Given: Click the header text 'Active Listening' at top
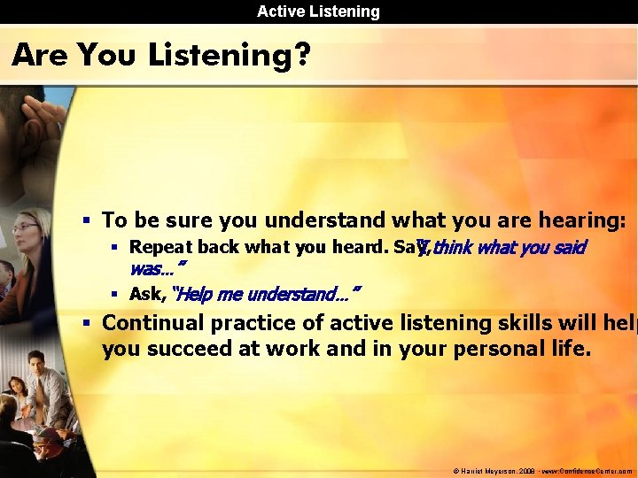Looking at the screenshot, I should point(318,12).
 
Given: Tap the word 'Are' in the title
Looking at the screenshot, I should point(41,56).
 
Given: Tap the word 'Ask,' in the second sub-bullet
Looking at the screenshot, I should point(147,294).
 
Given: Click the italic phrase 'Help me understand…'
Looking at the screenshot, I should point(266,294).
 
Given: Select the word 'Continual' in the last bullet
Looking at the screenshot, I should point(154,323).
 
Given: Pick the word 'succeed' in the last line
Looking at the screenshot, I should point(183,349).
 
